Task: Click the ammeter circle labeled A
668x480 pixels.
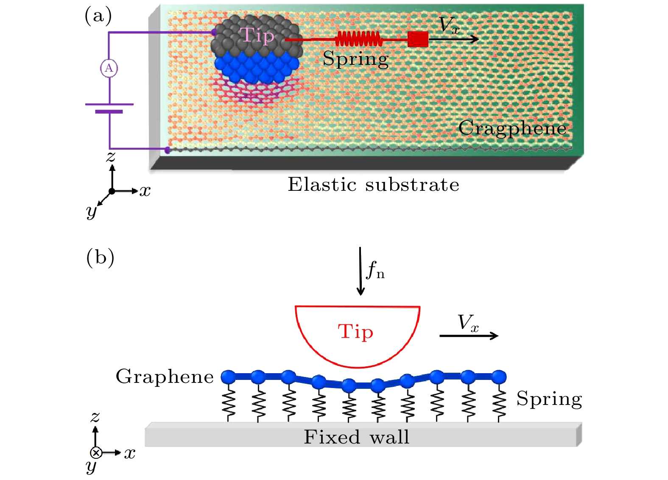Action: pyautogui.click(x=109, y=69)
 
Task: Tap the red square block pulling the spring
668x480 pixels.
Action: pyautogui.click(x=418, y=39)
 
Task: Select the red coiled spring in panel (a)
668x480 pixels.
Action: pyautogui.click(x=358, y=39)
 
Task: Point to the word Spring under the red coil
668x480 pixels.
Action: pyautogui.click(x=355, y=59)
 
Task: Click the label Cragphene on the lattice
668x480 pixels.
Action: pyautogui.click(x=512, y=129)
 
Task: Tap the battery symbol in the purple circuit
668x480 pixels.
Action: pyautogui.click(x=109, y=108)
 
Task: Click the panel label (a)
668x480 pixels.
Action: pyautogui.click(x=98, y=16)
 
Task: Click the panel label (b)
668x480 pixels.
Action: pyautogui.click(x=100, y=258)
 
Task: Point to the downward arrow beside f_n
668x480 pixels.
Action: pyautogui.click(x=360, y=271)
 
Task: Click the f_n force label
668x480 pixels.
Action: pyautogui.click(x=375, y=270)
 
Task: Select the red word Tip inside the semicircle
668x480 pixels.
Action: pyautogui.click(x=355, y=332)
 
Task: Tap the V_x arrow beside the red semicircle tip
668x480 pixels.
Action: pyautogui.click(x=469, y=336)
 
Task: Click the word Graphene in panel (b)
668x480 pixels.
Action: pyautogui.click(x=165, y=377)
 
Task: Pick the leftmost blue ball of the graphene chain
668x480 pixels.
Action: pyautogui.click(x=228, y=377)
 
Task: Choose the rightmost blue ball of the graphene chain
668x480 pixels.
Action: pyautogui.click(x=499, y=377)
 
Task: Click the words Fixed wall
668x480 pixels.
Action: pyautogui.click(x=356, y=437)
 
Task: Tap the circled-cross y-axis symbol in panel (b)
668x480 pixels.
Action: pyautogui.click(x=96, y=453)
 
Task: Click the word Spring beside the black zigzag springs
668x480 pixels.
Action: pyautogui.click(x=549, y=399)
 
